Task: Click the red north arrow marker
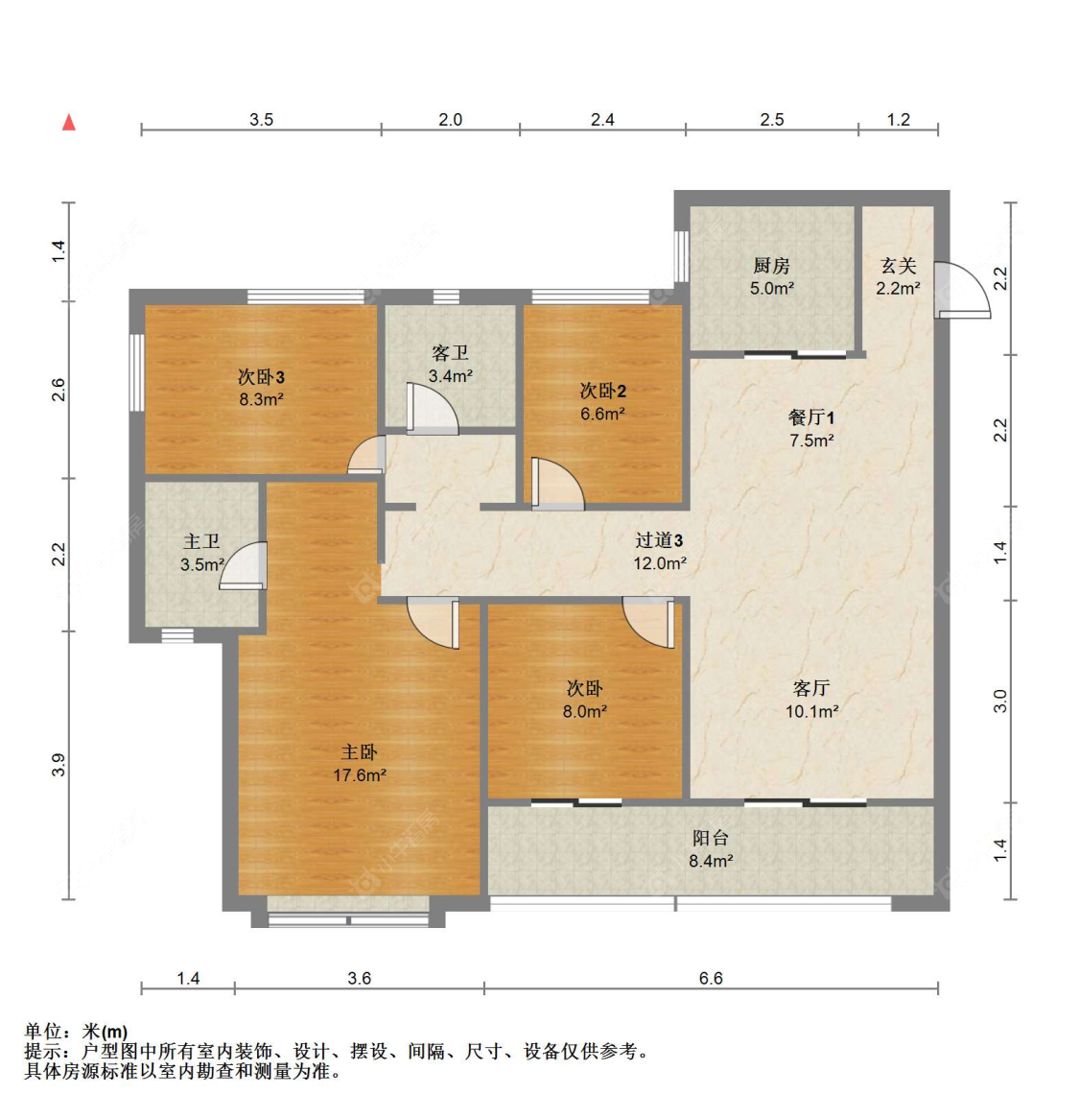(69, 122)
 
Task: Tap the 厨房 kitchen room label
(771, 266)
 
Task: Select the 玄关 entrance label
(899, 266)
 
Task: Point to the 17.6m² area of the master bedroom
(360, 775)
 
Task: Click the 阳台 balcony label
(711, 838)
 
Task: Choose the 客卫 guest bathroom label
(450, 353)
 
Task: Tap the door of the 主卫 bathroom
(246, 566)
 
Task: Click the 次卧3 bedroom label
(261, 377)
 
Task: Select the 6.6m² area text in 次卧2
(602, 415)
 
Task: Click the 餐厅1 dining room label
(811, 417)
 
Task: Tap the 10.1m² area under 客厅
(811, 712)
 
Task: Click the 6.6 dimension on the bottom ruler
(711, 979)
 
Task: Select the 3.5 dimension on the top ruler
(261, 120)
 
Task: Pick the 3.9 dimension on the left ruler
(59, 765)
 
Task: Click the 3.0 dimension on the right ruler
(1000, 702)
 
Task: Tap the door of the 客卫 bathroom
(431, 410)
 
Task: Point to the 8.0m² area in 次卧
(584, 712)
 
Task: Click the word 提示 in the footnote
(43, 1052)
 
